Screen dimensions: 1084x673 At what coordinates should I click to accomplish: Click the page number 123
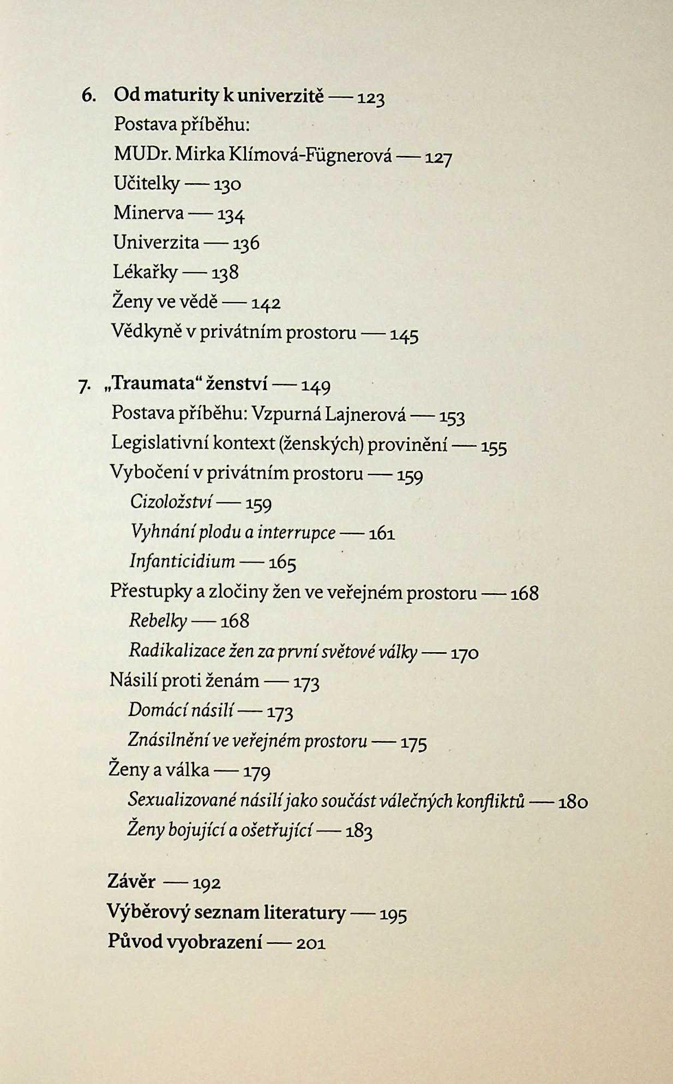pyautogui.click(x=371, y=99)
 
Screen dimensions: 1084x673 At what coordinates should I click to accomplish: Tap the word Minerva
pyautogui.click(x=148, y=213)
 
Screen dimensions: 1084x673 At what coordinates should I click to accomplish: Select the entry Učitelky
pyautogui.click(x=146, y=184)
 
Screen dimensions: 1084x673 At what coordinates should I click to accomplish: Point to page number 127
pyautogui.click(x=438, y=158)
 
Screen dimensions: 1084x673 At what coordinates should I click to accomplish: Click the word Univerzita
pyautogui.click(x=156, y=242)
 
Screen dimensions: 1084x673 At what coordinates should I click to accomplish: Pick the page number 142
pyautogui.click(x=266, y=303)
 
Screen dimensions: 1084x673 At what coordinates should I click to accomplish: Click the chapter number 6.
pyautogui.click(x=89, y=95)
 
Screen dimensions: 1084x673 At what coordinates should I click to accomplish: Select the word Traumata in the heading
pyautogui.click(x=149, y=384)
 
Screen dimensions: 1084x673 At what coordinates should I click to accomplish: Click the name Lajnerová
pyautogui.click(x=365, y=414)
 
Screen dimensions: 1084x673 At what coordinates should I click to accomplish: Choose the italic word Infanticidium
pyautogui.click(x=182, y=561)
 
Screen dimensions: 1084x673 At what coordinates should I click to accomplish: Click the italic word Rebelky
pyautogui.click(x=158, y=621)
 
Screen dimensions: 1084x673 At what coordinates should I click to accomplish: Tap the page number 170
pyautogui.click(x=465, y=653)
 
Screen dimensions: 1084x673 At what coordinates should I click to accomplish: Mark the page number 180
pyautogui.click(x=573, y=802)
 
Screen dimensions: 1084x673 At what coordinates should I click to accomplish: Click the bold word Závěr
pyautogui.click(x=131, y=882)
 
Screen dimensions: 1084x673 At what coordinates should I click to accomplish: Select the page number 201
pyautogui.click(x=311, y=944)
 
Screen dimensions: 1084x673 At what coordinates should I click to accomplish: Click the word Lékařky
pyautogui.click(x=145, y=272)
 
